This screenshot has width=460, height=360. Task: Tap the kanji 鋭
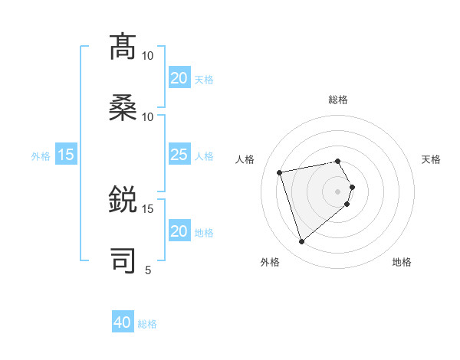123,201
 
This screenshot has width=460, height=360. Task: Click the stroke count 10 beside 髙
148,56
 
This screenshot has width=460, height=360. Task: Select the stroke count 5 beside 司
148,270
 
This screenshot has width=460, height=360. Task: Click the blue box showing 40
123,323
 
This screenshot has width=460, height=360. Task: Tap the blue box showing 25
179,155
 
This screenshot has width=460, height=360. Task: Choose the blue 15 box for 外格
66,155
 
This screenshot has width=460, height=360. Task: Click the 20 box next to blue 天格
179,78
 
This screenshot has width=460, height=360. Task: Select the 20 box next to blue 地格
179,231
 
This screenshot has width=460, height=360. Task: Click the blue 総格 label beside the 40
147,324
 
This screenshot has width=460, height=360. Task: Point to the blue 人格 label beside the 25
203,156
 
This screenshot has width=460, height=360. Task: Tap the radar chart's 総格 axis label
338,100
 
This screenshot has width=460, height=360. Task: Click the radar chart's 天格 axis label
431,159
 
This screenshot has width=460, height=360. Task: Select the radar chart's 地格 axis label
402,262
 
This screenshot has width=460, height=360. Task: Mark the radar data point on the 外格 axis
301,242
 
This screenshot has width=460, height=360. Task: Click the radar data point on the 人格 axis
280,172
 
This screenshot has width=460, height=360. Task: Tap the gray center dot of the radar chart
337,191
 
